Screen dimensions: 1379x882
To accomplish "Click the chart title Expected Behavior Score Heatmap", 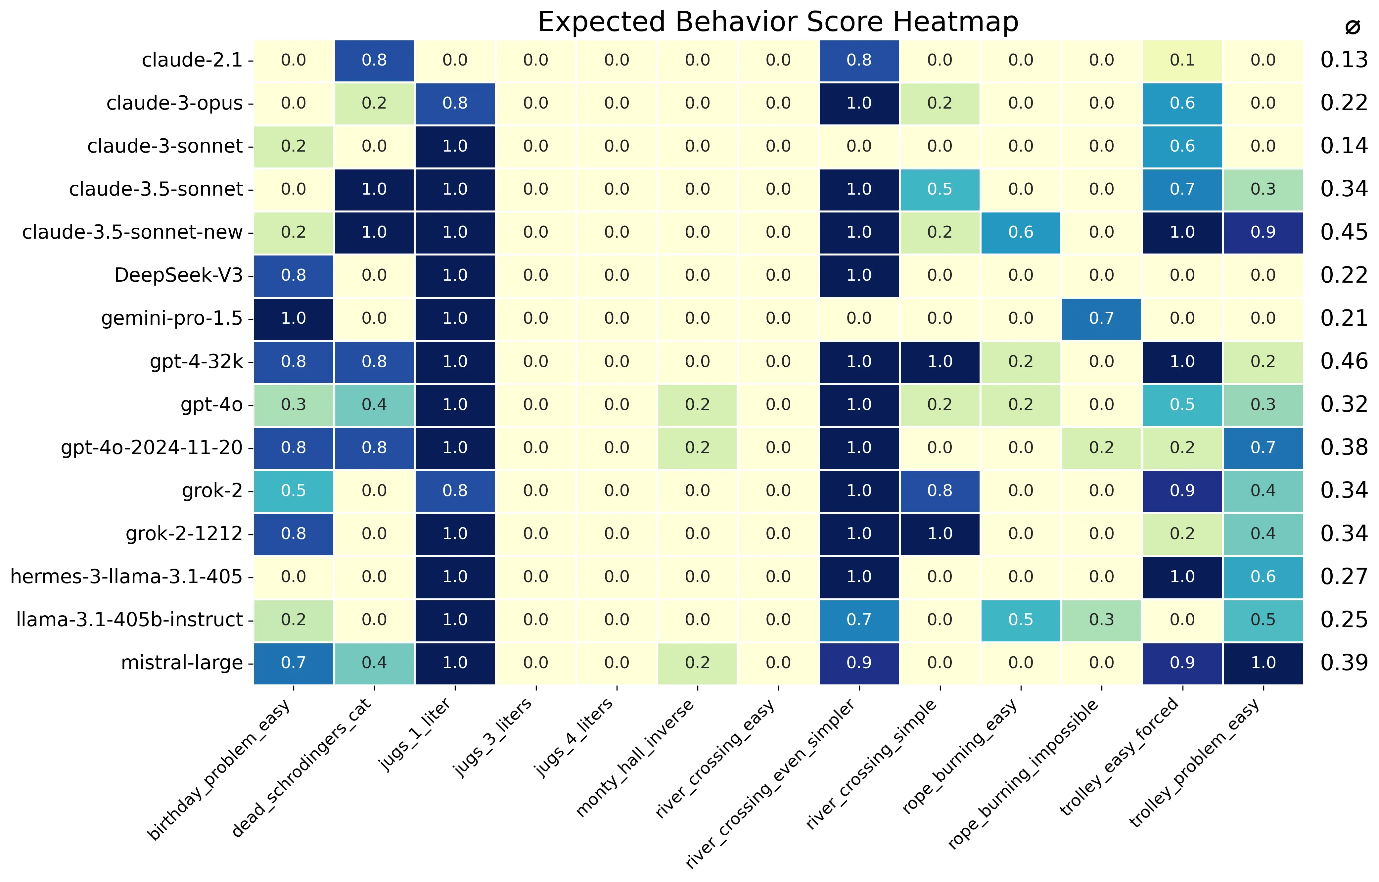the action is coord(778,22).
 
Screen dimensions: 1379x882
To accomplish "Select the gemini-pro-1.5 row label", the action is coord(172,318).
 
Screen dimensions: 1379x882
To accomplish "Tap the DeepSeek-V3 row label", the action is coord(179,275).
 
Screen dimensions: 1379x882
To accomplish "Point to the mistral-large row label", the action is coord(182,663).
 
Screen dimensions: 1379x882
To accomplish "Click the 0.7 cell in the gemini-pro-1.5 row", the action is coord(1101,318).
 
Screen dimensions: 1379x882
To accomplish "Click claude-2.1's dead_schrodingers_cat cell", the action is coord(374,60).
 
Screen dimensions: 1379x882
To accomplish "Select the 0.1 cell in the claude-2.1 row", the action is coord(1182,60).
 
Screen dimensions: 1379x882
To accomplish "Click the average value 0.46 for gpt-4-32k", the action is coord(1344,361).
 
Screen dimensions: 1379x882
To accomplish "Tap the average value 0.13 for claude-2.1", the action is coord(1344,60).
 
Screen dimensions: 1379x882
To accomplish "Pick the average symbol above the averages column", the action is coord(1353,27).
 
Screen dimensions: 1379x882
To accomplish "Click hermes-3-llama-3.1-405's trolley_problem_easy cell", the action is coord(1263,577).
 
